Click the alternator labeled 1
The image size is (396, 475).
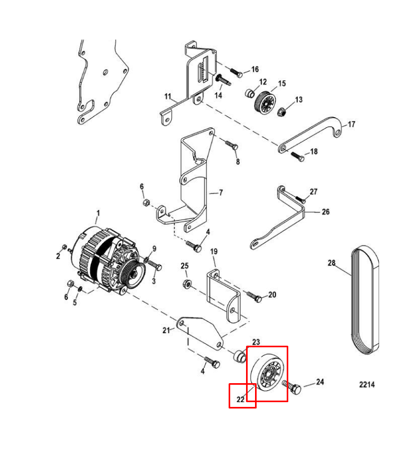106,261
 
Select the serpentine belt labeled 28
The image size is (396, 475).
365,300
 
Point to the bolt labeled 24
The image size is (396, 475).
292,387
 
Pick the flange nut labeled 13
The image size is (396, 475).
282,112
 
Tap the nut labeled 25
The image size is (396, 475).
187,284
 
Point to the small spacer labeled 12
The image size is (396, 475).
249,93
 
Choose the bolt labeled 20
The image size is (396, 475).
254,296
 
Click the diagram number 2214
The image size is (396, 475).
367,385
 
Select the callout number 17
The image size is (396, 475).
351,124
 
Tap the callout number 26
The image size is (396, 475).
326,212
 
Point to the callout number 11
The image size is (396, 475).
168,97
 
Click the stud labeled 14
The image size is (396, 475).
223,80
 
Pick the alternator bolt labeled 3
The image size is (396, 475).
155,265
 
